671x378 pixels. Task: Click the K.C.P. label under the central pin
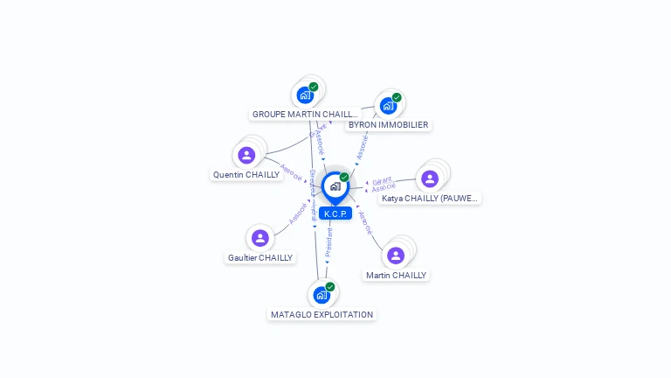335,213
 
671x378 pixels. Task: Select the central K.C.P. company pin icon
335,185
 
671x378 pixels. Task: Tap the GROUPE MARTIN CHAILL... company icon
305,94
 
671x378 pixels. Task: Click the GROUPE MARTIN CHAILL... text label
305,114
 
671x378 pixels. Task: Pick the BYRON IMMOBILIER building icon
388,105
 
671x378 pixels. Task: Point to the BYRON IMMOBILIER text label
388,125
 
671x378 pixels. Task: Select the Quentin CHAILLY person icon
246,155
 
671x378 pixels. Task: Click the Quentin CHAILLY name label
246,175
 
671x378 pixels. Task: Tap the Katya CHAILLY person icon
429,178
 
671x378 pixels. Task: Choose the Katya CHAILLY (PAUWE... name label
430,199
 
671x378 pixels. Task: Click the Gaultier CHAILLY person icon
259,237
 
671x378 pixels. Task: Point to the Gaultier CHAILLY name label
260,258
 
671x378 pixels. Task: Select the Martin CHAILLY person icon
396,255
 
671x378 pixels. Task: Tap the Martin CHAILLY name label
397,276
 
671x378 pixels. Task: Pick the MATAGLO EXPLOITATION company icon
322,295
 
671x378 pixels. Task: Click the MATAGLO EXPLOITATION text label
322,315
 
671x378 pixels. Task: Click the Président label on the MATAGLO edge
329,242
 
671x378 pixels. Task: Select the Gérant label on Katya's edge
382,181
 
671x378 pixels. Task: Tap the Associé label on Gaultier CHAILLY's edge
297,215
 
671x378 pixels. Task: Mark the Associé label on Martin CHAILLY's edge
365,223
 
